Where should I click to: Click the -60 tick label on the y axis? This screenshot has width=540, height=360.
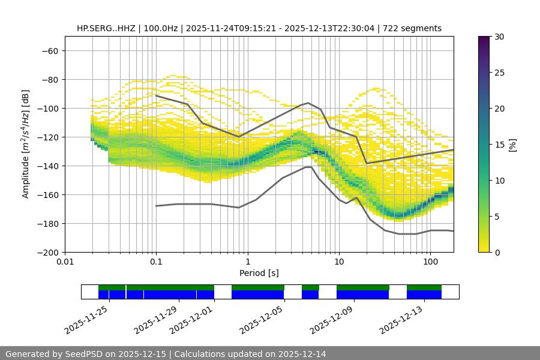49,51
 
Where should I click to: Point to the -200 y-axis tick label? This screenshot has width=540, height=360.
47,253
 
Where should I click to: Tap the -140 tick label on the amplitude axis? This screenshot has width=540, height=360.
47,166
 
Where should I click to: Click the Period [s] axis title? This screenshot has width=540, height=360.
259,274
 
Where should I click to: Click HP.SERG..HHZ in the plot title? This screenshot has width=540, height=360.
106,29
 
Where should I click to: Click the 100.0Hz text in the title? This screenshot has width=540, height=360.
161,29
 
